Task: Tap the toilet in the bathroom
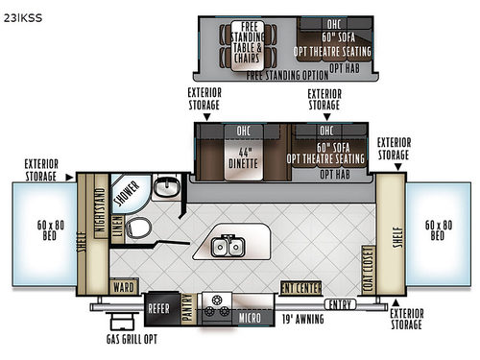[x=139, y=228]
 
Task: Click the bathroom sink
[x=167, y=187]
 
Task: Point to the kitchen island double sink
[x=228, y=246]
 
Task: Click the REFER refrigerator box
[x=158, y=309]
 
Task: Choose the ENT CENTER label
[x=300, y=285]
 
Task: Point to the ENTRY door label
[x=339, y=304]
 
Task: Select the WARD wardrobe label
[x=122, y=286]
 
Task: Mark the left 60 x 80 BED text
[x=44, y=228]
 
